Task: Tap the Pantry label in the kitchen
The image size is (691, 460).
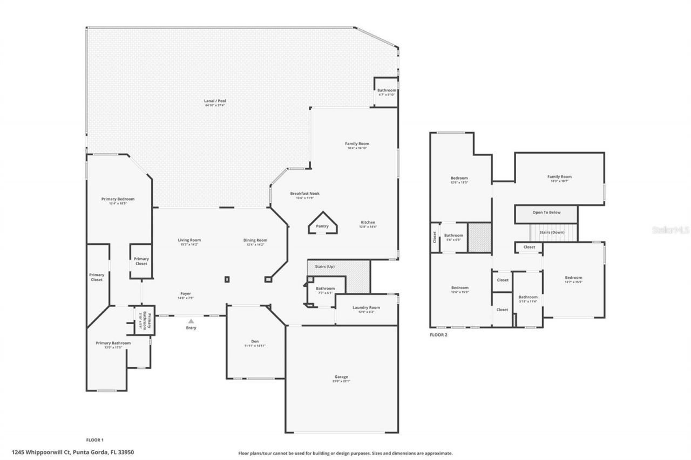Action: [x=322, y=226]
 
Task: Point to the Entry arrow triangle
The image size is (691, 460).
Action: [x=191, y=321]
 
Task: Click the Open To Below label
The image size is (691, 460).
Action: [x=546, y=212]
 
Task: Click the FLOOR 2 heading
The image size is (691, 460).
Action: [x=438, y=335]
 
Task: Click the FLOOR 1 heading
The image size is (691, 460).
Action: [x=95, y=440]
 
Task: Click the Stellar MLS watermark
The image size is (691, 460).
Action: [x=670, y=230]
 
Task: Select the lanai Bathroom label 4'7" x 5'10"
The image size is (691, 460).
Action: [x=387, y=92]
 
